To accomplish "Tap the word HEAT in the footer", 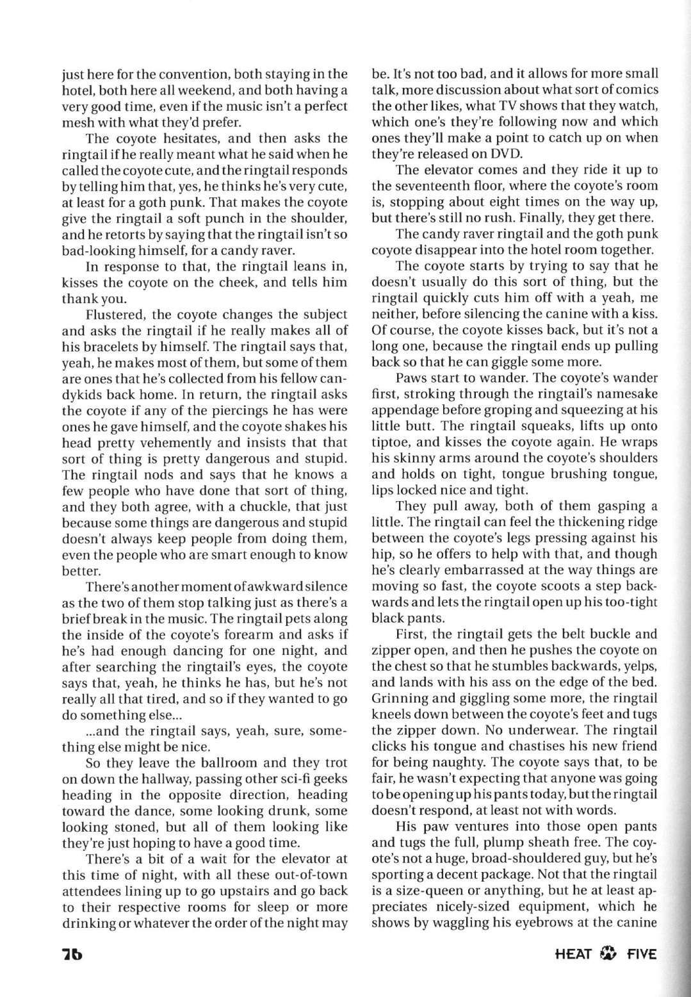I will click(574, 954).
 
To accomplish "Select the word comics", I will click(635, 90).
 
